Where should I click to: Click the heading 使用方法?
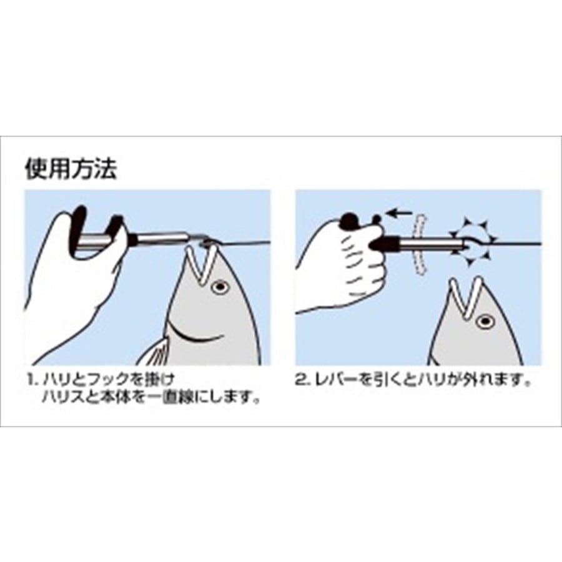pyautogui.click(x=71, y=169)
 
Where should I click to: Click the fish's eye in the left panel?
pyautogui.click(x=220, y=287)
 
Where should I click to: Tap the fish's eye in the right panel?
pyautogui.click(x=485, y=321)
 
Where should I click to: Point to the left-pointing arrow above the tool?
pyautogui.click(x=400, y=214)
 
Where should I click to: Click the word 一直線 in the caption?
pyautogui.click(x=169, y=398)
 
